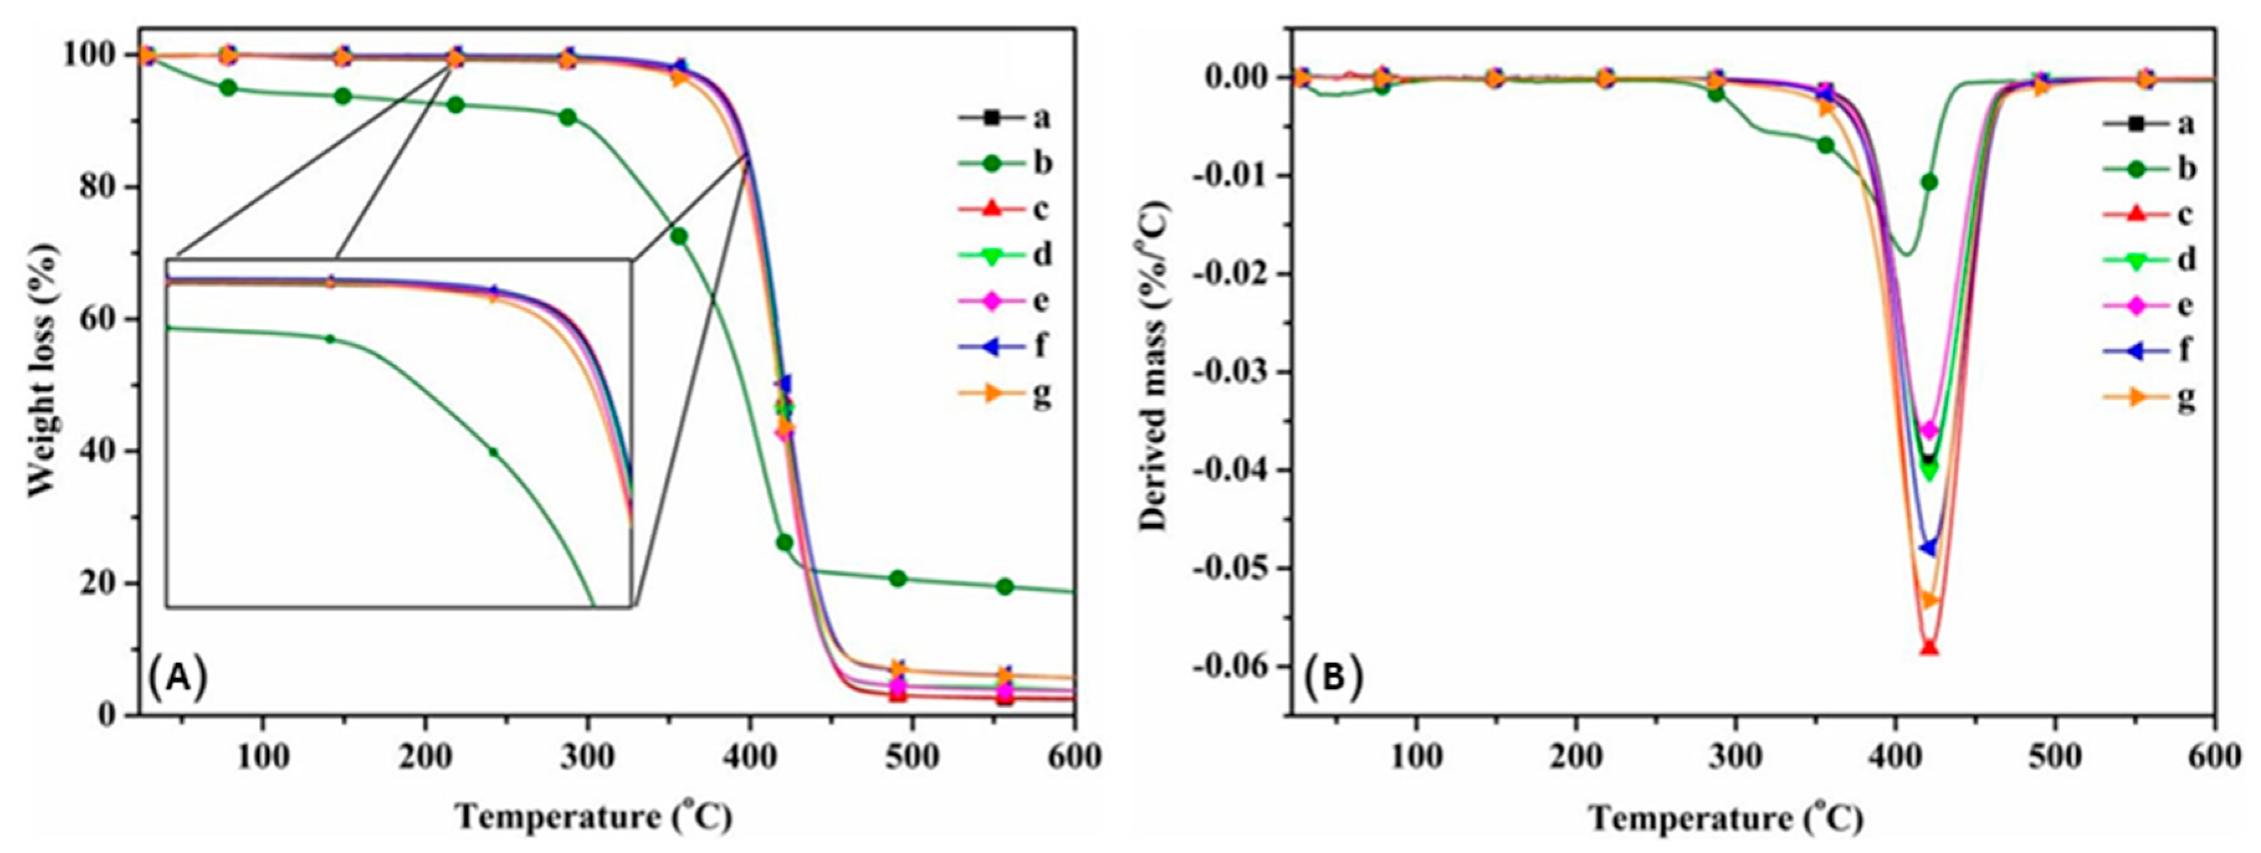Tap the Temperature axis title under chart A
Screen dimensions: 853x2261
pyautogui.click(x=593, y=817)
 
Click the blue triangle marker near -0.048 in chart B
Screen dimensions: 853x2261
pyautogui.click(x=1927, y=548)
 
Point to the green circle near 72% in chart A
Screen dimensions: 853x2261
pyautogui.click(x=678, y=236)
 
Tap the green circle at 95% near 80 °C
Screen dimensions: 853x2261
pyautogui.click(x=228, y=88)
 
